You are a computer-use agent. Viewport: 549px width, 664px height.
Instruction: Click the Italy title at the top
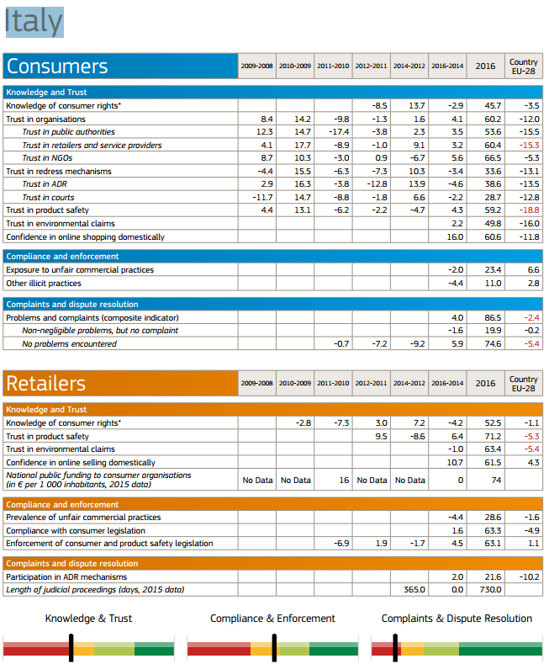click(x=34, y=22)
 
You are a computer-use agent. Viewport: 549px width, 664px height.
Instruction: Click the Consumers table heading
click(x=57, y=66)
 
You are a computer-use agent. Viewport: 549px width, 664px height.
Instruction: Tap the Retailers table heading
click(x=45, y=383)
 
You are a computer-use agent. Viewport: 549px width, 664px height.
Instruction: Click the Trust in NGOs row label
click(x=47, y=158)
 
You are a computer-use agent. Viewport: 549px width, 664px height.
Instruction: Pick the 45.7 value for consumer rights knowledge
click(x=493, y=105)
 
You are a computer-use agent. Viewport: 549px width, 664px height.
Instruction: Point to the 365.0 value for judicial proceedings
click(x=414, y=589)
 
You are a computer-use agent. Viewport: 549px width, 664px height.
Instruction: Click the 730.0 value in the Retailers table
click(x=490, y=589)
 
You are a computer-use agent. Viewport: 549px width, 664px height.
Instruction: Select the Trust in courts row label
click(x=48, y=197)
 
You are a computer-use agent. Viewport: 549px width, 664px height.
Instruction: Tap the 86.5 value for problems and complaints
click(x=493, y=317)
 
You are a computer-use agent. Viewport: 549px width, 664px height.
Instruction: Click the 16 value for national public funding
click(x=344, y=481)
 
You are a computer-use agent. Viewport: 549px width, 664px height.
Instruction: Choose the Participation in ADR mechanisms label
click(x=66, y=576)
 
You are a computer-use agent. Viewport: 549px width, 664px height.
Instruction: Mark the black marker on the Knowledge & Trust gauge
click(x=71, y=647)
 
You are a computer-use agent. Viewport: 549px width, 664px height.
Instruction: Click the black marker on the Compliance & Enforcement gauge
click(x=274, y=647)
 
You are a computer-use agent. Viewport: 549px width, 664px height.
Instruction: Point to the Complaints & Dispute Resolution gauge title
click(x=457, y=619)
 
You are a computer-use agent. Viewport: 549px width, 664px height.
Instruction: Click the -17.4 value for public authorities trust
click(x=339, y=131)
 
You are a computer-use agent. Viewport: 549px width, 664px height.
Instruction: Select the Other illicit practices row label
click(x=44, y=284)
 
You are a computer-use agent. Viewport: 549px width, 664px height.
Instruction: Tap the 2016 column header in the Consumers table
click(x=485, y=66)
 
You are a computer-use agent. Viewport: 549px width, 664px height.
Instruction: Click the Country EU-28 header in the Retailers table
click(x=524, y=384)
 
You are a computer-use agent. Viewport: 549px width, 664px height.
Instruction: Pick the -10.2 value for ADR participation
click(x=529, y=576)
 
